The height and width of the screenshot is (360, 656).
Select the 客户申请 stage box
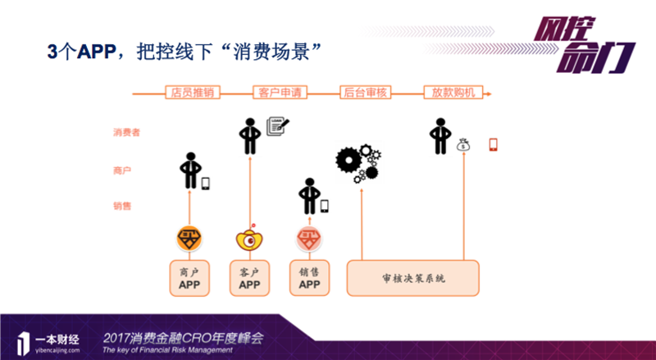[x=277, y=92]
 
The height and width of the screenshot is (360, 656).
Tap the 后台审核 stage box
[x=363, y=92]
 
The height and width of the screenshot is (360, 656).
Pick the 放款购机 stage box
[x=453, y=92]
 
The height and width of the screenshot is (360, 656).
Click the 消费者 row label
[x=126, y=131]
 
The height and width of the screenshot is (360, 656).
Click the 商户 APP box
[x=189, y=278]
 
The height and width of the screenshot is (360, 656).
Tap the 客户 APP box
[x=249, y=278]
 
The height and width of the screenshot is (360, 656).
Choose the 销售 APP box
[x=309, y=278]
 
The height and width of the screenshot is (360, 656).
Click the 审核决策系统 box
[x=413, y=278]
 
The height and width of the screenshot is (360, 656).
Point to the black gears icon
[x=358, y=162]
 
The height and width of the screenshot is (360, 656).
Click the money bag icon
[x=464, y=145]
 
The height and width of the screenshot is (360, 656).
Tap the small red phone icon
[x=493, y=144]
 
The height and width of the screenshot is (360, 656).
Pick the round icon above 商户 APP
[x=189, y=239]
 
